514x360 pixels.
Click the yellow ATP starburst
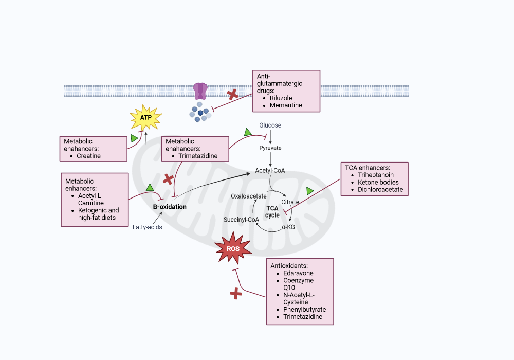(x=146, y=117)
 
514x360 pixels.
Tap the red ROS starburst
(x=233, y=248)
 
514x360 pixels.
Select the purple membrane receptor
(x=200, y=91)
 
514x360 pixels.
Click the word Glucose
(x=270, y=125)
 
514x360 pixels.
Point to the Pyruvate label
(x=270, y=148)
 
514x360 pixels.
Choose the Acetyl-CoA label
(x=270, y=171)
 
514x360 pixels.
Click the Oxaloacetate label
(x=248, y=196)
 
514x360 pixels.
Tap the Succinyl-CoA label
(x=241, y=220)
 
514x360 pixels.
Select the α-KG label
(x=288, y=227)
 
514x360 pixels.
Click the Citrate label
(x=290, y=202)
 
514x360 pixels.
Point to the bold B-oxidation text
(x=170, y=207)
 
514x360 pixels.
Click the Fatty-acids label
(x=147, y=227)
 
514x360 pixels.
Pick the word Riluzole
(x=281, y=98)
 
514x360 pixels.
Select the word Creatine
(x=88, y=156)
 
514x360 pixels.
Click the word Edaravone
(x=298, y=273)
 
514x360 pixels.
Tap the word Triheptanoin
(x=376, y=175)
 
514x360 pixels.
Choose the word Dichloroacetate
(x=380, y=189)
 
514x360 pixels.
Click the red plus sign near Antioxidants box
(x=236, y=294)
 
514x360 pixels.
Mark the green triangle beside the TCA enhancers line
(x=310, y=191)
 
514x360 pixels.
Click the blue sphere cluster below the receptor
(x=200, y=112)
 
